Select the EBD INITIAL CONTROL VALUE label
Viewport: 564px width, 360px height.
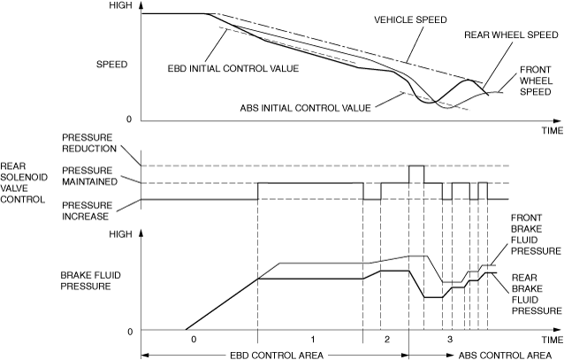(x=231, y=66)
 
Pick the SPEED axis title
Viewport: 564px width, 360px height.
(x=112, y=64)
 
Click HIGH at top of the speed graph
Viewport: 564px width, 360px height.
(x=120, y=5)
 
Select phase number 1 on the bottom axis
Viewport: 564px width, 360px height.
(x=310, y=340)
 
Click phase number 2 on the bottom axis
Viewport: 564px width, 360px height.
(x=385, y=340)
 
